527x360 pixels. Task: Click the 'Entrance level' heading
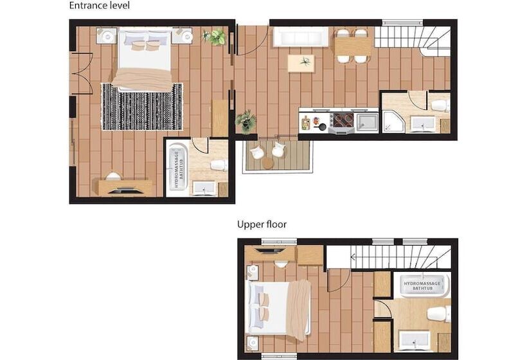tap(99, 5)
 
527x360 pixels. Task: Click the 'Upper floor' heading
tap(262, 224)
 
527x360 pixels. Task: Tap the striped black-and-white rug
tap(142, 107)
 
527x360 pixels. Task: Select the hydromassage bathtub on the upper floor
tap(422, 285)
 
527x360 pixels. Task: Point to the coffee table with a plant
tap(301, 63)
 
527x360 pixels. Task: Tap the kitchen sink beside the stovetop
tap(367, 122)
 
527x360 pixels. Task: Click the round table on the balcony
tap(269, 163)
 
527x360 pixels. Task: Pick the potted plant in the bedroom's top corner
tap(215, 37)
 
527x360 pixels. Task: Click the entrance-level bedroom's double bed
tap(145, 60)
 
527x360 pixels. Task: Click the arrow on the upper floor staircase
tap(353, 258)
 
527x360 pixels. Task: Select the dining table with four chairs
tap(353, 46)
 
